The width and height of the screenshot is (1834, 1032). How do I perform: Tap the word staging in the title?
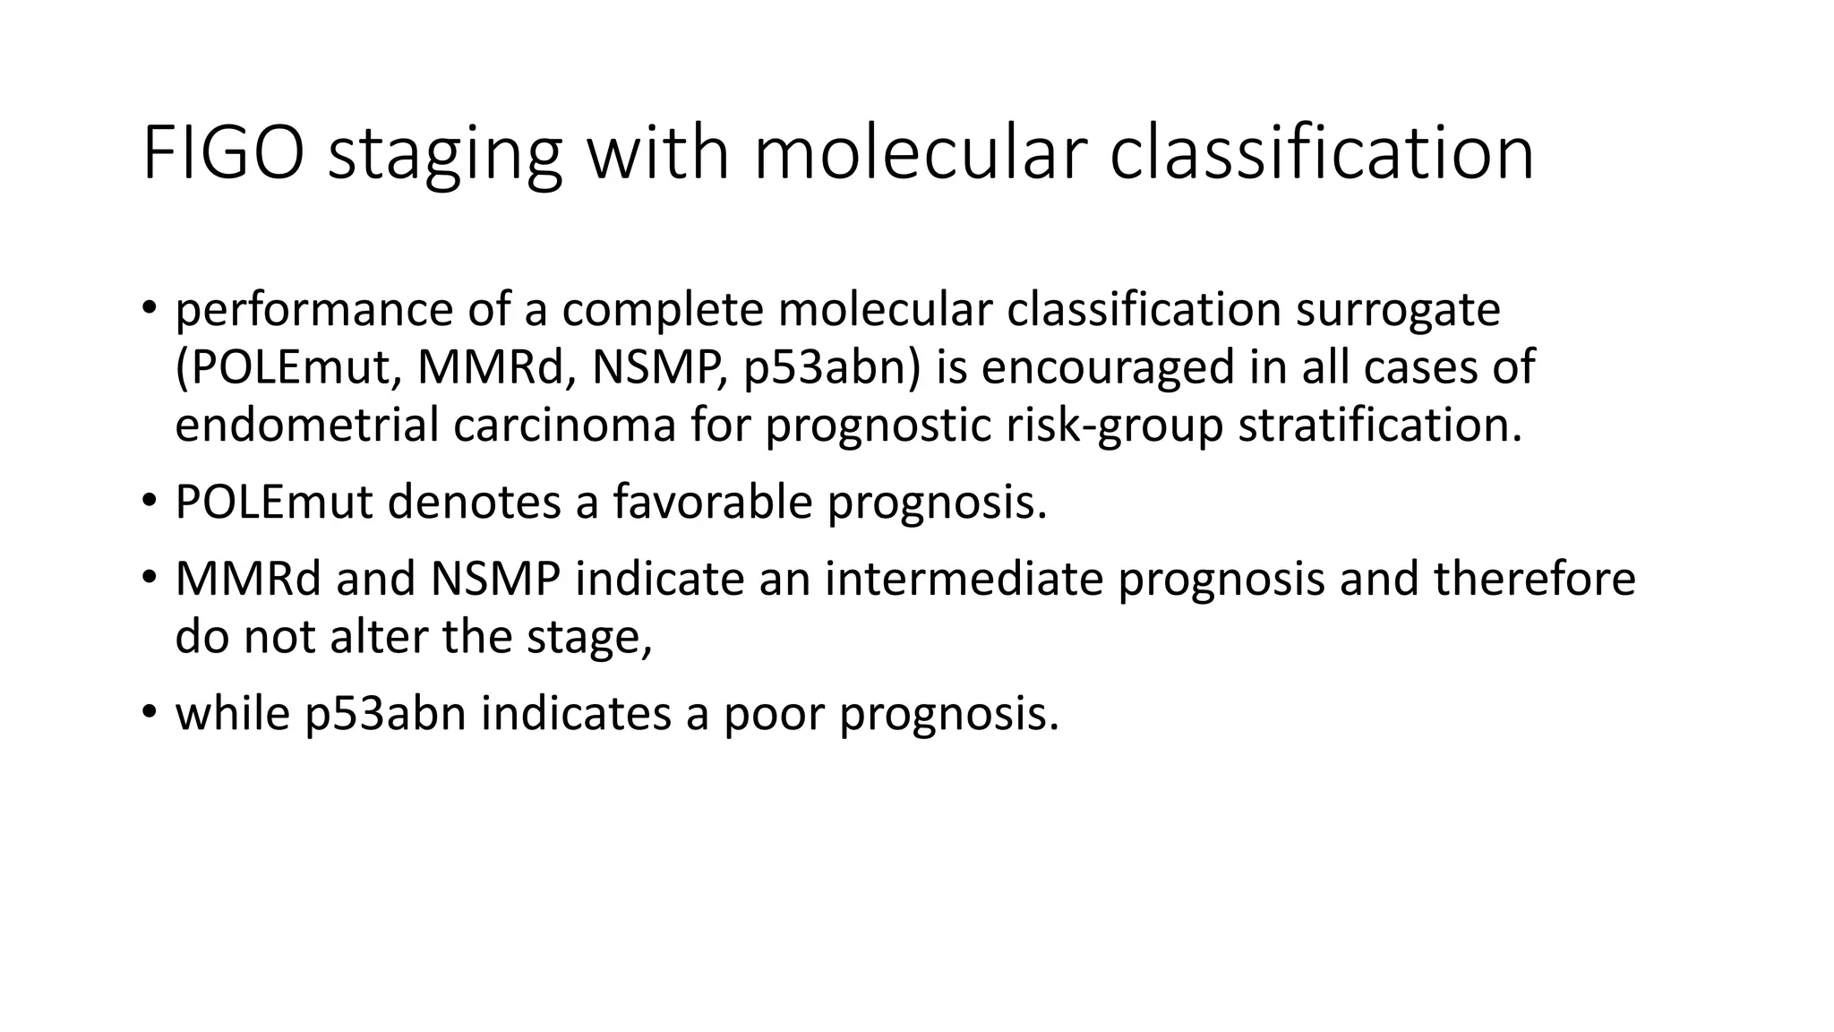pos(445,154)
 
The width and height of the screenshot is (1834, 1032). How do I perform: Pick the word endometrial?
pos(306,425)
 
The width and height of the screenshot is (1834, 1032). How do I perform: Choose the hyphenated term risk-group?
pos(1114,425)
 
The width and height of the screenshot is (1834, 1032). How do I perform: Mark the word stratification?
pos(1379,425)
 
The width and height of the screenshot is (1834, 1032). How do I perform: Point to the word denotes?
pos(474,502)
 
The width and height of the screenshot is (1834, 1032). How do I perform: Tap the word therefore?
pos(1534,579)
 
